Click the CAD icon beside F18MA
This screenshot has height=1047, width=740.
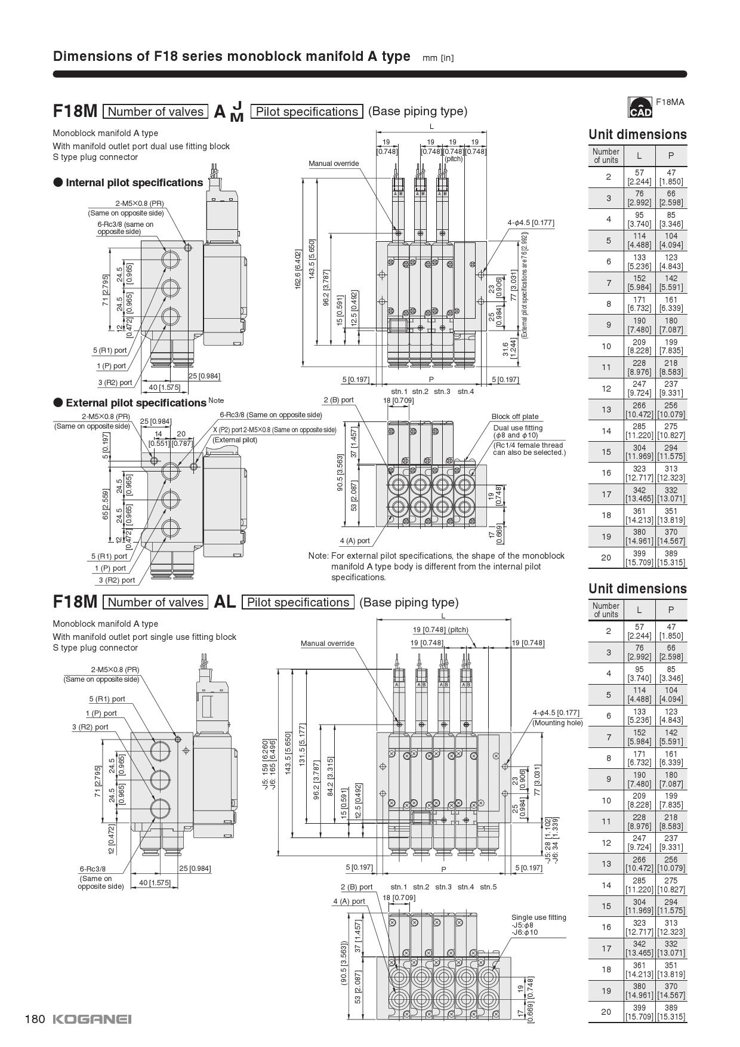coord(640,107)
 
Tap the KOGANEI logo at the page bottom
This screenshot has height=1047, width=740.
coord(92,1019)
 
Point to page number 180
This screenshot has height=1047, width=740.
coord(35,1019)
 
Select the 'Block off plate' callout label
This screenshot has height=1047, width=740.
coord(514,417)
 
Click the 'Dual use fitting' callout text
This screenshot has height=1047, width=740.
coord(517,428)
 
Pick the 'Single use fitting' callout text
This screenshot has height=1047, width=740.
coord(538,917)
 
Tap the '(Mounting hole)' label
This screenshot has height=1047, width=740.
coord(557,723)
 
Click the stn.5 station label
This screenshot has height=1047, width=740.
coord(488,886)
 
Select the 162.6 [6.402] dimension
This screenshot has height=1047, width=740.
coord(298,270)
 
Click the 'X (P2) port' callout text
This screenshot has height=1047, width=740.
coord(275,430)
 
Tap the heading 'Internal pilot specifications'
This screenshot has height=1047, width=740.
coord(134,183)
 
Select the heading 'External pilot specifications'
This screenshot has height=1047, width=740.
coord(135,403)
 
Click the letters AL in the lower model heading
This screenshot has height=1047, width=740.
coord(225,602)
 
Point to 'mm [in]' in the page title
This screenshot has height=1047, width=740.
coord(438,58)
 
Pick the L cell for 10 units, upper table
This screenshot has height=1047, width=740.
coord(639,346)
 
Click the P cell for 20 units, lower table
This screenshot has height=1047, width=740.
coord(671,1012)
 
